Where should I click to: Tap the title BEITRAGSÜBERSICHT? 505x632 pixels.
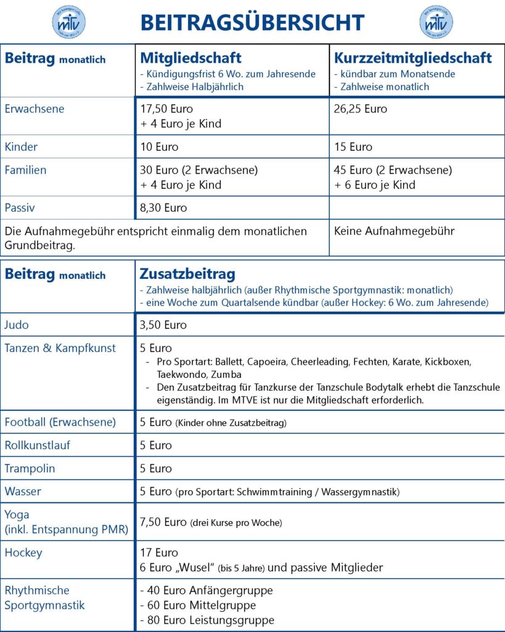coord(252,23)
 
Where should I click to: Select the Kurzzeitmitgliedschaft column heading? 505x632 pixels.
coord(413,58)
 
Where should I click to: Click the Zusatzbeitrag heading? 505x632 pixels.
coord(187,273)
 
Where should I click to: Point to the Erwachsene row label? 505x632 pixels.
coord(34,109)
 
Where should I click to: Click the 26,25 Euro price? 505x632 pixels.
coord(361,109)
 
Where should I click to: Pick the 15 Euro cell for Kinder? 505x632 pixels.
coord(353,147)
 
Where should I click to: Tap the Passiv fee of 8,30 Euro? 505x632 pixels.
coord(163,208)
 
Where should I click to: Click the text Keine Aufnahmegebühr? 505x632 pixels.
coord(394,231)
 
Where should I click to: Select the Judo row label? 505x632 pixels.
coord(17,325)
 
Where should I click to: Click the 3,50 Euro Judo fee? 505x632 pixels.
coord(163,325)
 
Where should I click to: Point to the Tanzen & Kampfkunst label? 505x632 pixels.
coord(60,348)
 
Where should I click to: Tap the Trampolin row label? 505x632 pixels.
coord(30,468)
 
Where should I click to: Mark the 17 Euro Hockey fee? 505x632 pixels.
coord(159,552)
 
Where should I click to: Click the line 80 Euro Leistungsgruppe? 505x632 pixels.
coord(207,620)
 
